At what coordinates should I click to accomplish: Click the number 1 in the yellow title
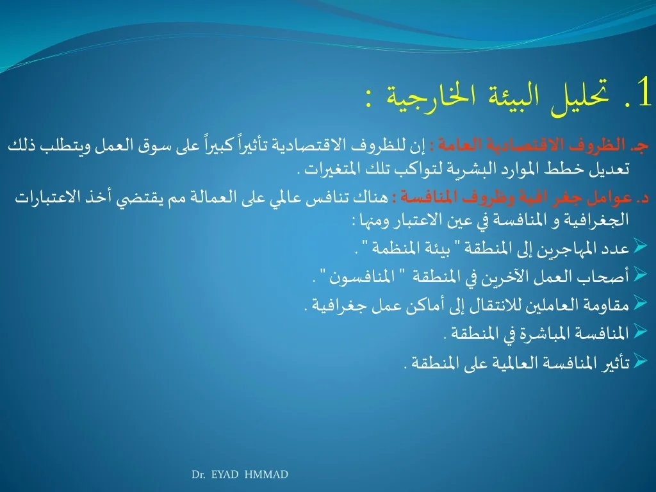[x=643, y=92]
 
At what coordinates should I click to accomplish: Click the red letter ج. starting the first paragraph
[x=642, y=145]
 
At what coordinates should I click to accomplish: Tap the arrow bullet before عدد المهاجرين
[x=640, y=245]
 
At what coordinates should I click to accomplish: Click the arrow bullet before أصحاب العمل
[x=640, y=274]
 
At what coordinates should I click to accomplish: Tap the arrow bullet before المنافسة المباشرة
[x=640, y=331]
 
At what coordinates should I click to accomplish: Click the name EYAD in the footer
[x=225, y=475]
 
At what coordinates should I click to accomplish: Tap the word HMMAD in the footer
[x=266, y=475]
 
